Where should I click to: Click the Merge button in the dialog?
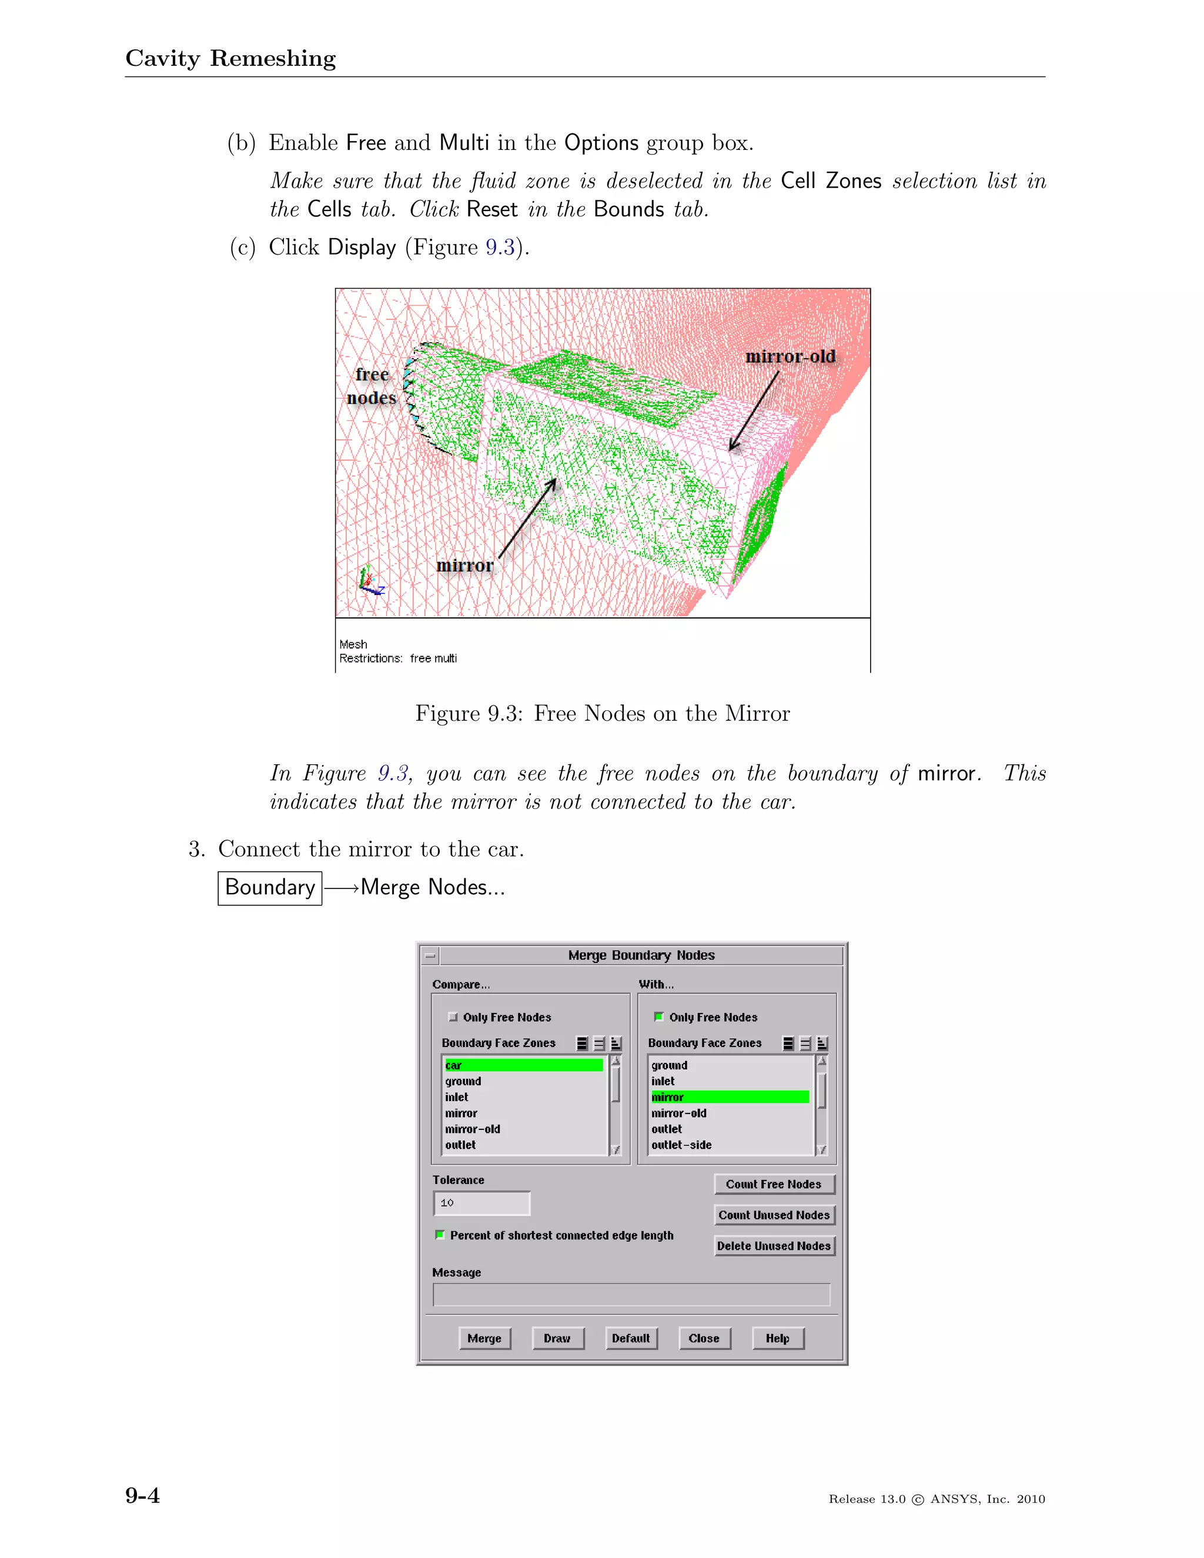tap(484, 1338)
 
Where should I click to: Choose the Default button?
tap(631, 1338)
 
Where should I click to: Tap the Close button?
tap(704, 1338)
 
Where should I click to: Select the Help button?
tap(777, 1338)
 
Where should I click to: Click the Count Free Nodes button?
tap(774, 1184)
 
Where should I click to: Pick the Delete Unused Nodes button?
tap(774, 1246)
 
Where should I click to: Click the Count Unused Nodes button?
tap(774, 1215)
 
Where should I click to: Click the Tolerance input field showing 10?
tap(481, 1203)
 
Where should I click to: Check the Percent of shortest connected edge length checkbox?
tap(440, 1235)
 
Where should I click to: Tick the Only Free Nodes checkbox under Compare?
tap(453, 1017)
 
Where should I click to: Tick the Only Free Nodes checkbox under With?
tap(659, 1017)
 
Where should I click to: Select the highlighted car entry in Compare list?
tap(524, 1065)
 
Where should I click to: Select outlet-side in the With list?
tap(681, 1145)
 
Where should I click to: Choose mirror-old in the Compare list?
tap(472, 1129)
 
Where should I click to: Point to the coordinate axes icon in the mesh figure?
tap(370, 580)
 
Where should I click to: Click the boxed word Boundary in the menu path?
tap(270, 887)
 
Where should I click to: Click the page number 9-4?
tap(143, 1495)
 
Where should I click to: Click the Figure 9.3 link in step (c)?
tap(500, 247)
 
